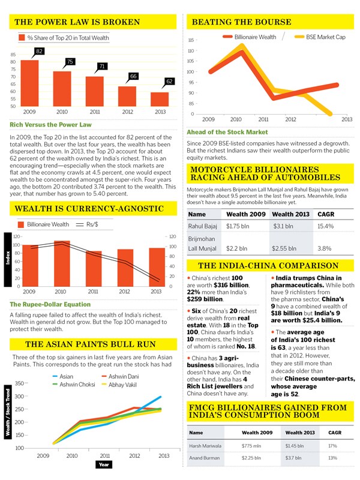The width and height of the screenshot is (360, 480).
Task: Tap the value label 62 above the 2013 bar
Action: pyautogui.click(x=169, y=81)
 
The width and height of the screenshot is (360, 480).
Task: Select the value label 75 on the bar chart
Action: pyautogui.click(x=70, y=62)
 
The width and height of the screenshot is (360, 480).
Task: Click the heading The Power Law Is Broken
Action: pyautogui.click(x=77, y=22)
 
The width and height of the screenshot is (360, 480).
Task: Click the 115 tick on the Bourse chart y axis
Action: pyautogui.click(x=192, y=40)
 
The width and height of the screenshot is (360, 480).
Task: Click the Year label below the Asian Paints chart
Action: pyautogui.click(x=104, y=464)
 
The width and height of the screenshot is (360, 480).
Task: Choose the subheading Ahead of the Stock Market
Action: pyautogui.click(x=227, y=132)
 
